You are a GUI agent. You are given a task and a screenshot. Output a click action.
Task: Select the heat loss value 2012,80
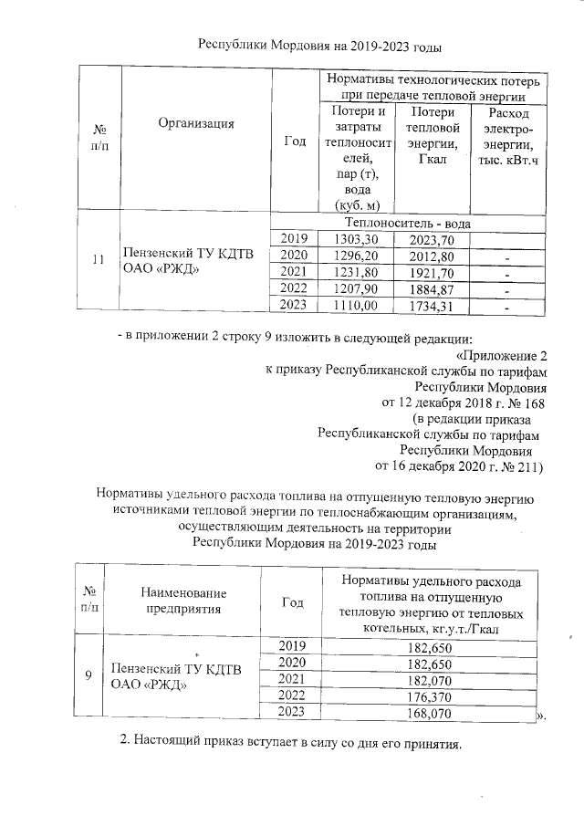coord(427,255)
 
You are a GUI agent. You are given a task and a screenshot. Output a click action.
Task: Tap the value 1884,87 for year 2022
coord(427,288)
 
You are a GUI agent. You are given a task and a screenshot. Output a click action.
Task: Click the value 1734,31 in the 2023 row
coord(427,305)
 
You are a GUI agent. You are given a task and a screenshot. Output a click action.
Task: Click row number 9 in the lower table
coord(89,675)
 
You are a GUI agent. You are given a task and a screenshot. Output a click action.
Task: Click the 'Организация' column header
coord(195,124)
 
